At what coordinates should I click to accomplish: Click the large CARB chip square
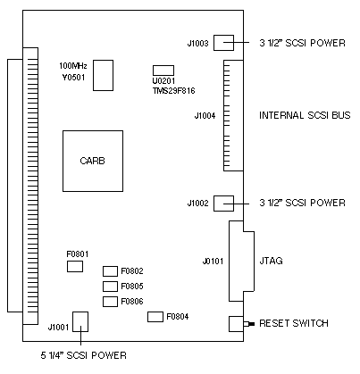point(93,161)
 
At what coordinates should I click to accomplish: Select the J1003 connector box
point(223,43)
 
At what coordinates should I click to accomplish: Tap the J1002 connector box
point(223,204)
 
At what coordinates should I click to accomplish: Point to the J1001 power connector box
point(80,321)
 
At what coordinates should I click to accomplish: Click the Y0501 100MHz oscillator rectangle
point(103,75)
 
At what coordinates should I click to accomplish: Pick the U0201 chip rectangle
point(163,71)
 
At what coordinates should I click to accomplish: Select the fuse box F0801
point(75,266)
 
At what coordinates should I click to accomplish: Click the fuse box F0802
point(110,271)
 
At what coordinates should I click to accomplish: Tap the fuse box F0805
point(110,287)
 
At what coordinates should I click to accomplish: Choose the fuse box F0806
point(110,302)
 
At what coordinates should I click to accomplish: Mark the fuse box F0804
point(155,317)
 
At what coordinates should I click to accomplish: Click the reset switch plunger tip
point(253,324)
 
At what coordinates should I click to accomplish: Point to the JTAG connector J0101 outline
point(230,261)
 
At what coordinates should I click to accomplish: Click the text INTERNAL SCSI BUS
point(305,115)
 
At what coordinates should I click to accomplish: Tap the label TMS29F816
point(174,91)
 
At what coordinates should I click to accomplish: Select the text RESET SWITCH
point(294,323)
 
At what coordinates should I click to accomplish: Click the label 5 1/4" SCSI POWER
point(84,355)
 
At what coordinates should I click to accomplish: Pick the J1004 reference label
point(205,115)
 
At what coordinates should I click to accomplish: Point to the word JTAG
point(271,261)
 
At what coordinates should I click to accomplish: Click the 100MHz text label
point(73,66)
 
